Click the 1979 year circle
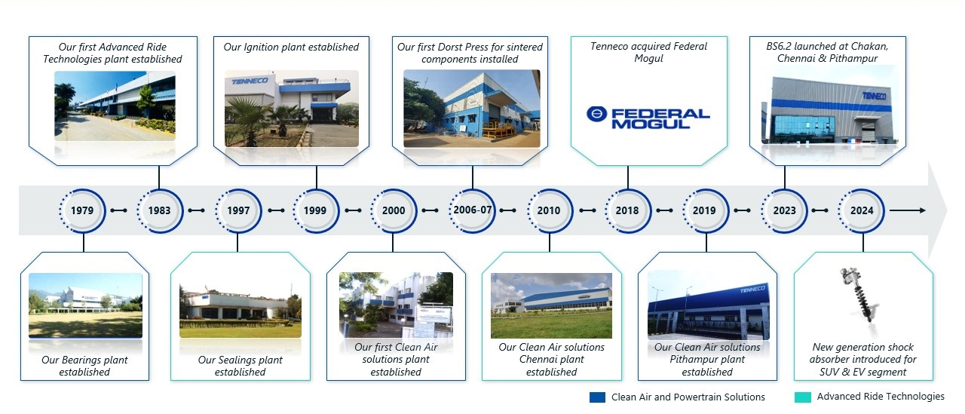tap(82, 210)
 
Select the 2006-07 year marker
tap(473, 210)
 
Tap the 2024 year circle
tap(862, 210)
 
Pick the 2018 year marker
tap(627, 210)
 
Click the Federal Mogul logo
tap(648, 118)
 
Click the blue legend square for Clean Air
tap(598, 397)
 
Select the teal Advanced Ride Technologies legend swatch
tap(803, 397)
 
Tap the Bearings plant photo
tap(85, 305)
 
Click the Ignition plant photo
tap(292, 109)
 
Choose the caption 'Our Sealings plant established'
tap(240, 366)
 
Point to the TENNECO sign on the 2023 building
tap(874, 96)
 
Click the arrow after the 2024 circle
tap(908, 210)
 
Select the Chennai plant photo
tap(551, 305)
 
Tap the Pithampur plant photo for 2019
tap(709, 305)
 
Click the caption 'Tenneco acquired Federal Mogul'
tap(648, 52)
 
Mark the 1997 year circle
tap(238, 210)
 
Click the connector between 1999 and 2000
tap(354, 210)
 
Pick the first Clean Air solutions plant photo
tap(396, 305)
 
